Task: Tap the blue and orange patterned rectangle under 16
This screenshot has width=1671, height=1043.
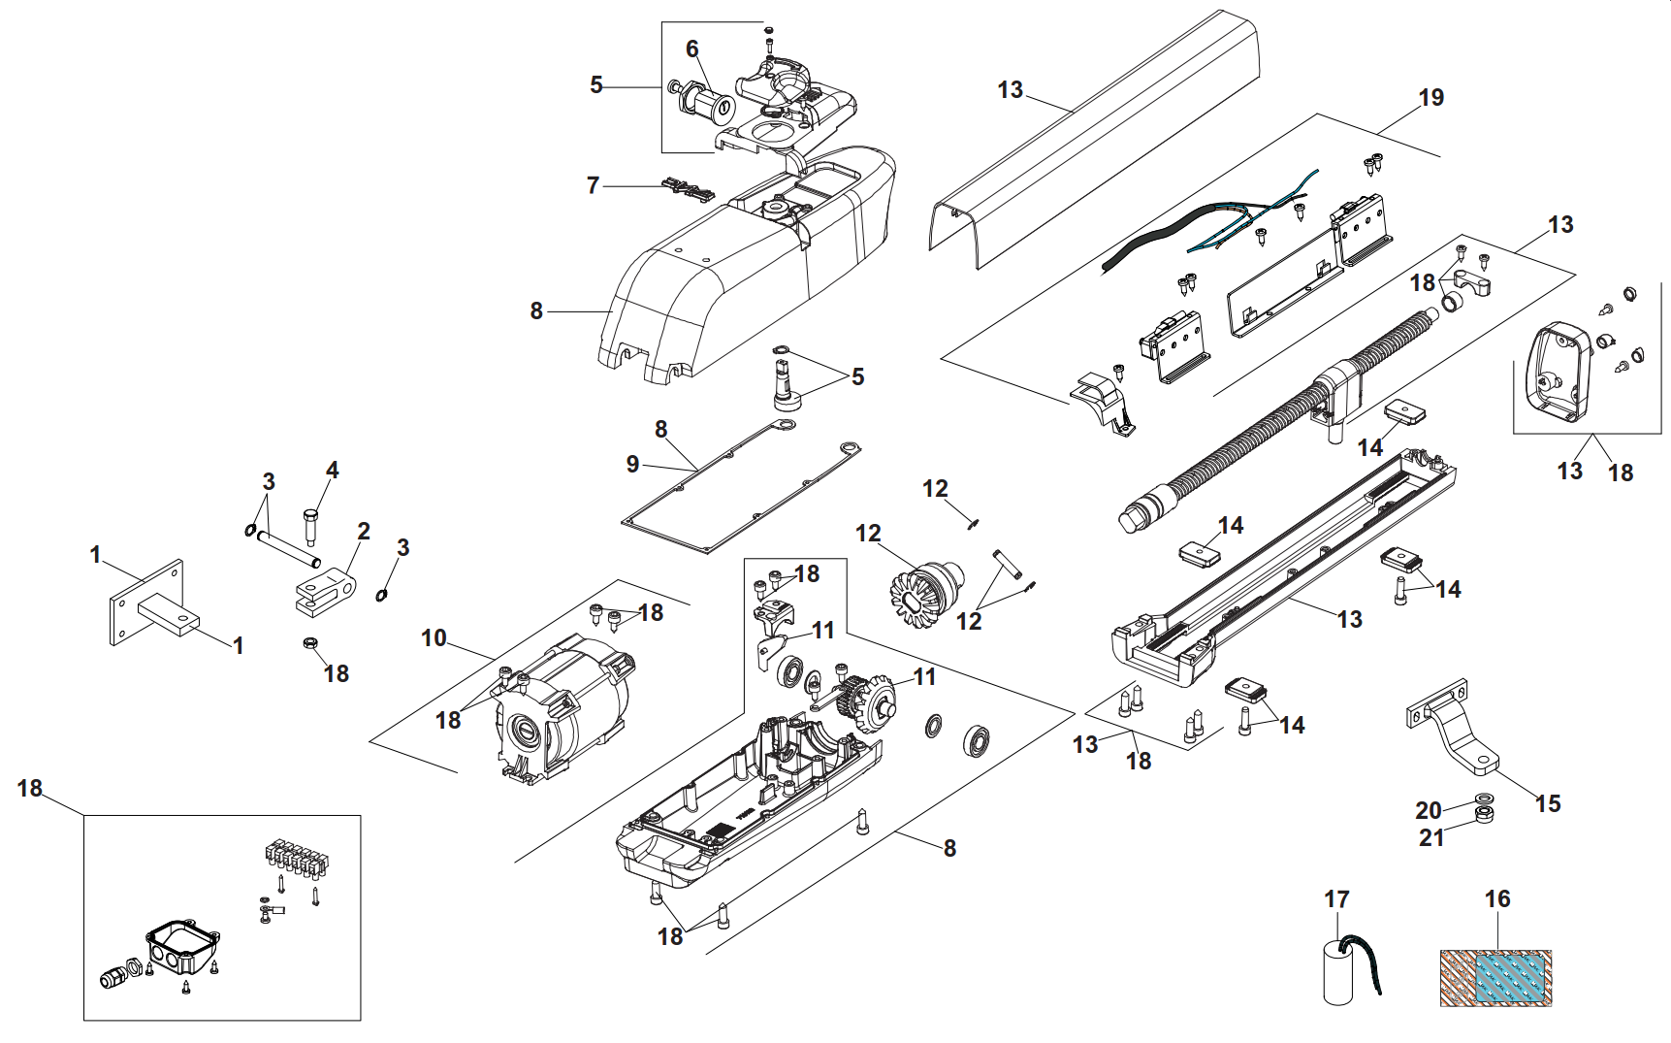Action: [x=1495, y=977]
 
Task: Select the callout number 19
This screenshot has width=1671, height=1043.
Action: [x=1430, y=98]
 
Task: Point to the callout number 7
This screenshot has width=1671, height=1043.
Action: [x=594, y=185]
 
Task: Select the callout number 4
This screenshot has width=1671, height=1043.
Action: [x=333, y=471]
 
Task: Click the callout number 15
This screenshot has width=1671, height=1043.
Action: [x=1548, y=803]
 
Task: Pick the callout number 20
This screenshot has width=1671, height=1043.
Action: [x=1429, y=810]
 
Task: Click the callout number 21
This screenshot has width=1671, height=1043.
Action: [x=1431, y=837]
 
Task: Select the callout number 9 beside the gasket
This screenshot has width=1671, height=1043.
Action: [x=632, y=465]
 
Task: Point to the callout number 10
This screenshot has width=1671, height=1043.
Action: [x=434, y=638]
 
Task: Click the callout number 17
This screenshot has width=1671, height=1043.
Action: [x=1336, y=899]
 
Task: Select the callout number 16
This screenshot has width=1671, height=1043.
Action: [x=1497, y=899]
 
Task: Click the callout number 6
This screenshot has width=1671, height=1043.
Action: [x=691, y=49]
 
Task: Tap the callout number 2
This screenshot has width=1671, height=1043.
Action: [x=364, y=532]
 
